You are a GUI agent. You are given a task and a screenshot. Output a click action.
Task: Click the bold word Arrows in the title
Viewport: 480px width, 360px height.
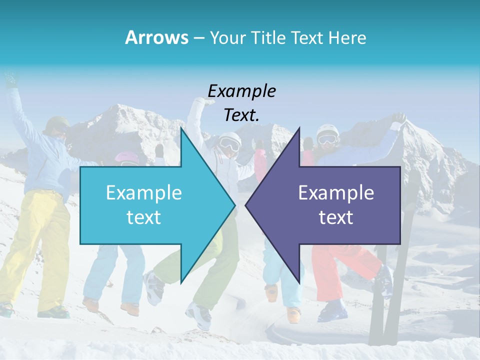click(156, 37)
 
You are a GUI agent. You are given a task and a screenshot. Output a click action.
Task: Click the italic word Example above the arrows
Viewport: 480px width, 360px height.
click(241, 91)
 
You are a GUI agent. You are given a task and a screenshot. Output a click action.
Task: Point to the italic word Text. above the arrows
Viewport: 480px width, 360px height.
click(241, 115)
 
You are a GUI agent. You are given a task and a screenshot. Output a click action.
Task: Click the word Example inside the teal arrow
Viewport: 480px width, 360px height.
click(144, 192)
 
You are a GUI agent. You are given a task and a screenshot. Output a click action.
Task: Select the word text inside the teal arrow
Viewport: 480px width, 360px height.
click(144, 217)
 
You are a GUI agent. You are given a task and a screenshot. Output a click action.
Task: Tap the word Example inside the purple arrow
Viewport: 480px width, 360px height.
click(336, 192)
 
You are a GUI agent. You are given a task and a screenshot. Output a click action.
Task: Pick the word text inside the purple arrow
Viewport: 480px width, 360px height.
click(336, 217)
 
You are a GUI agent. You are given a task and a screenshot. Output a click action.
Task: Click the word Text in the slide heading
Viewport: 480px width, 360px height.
click(308, 37)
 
